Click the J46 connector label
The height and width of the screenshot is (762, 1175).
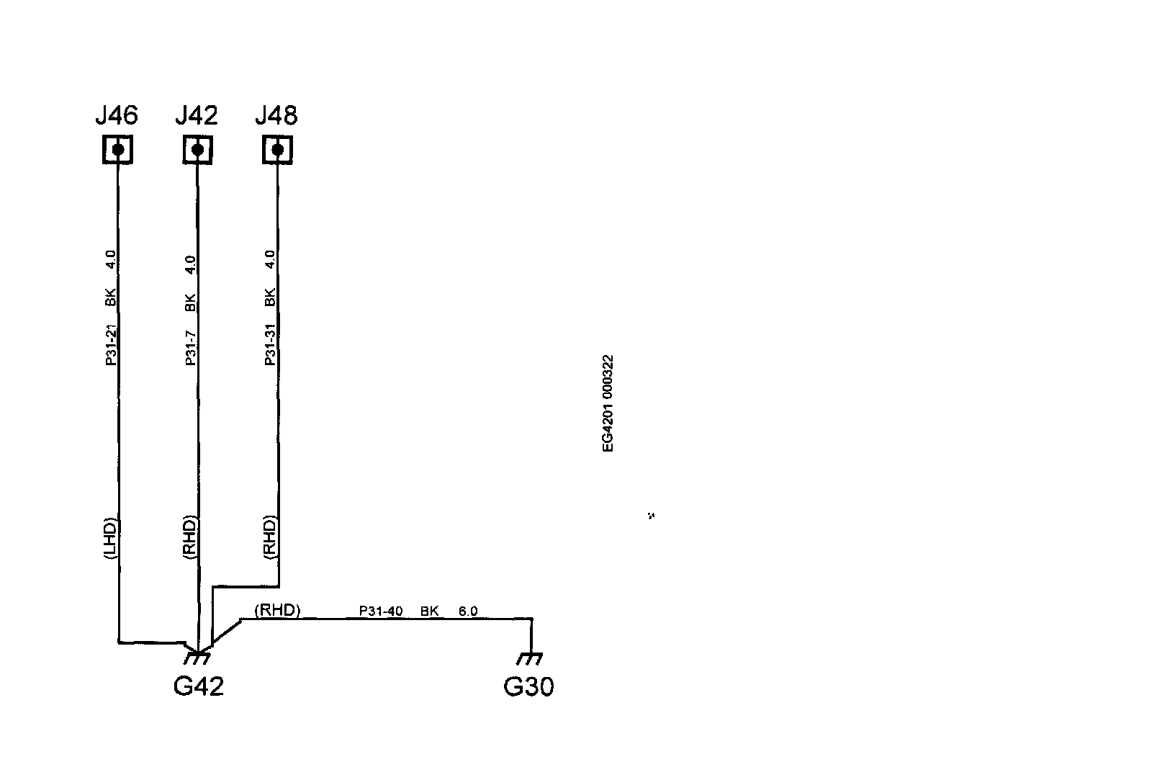(117, 115)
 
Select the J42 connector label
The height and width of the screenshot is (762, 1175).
(197, 115)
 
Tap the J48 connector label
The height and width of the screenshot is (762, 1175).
(276, 115)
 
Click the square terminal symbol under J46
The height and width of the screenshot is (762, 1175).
(117, 150)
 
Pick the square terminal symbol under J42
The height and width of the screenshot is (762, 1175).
(197, 150)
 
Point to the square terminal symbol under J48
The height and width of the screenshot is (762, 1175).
(277, 150)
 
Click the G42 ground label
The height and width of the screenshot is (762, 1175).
(199, 686)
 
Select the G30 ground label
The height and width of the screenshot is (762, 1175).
(528, 687)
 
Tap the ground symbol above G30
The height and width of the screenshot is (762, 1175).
(530, 658)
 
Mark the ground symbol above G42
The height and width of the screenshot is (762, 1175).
(197, 657)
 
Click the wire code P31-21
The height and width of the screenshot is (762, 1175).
(111, 346)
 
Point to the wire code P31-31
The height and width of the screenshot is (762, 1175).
(271, 346)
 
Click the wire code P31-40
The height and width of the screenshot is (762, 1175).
(381, 611)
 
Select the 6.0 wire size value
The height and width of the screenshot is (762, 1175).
(468, 611)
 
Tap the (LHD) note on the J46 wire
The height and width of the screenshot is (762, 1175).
(110, 538)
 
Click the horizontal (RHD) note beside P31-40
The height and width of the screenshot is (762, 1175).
(277, 611)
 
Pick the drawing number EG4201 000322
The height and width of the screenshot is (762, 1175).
(608, 403)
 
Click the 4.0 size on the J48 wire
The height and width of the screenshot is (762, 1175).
(270, 259)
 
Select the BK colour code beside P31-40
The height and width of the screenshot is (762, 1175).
(430, 611)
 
